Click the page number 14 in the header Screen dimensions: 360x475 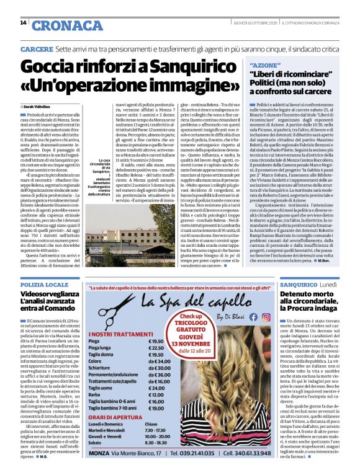tap(23, 24)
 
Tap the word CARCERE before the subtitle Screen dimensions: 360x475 tap(35, 48)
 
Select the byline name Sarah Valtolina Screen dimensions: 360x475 tap(40, 107)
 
